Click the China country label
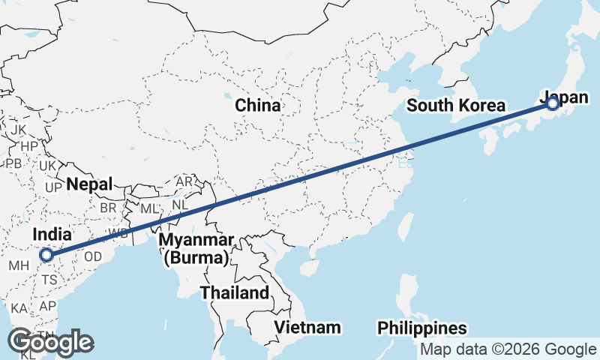258,106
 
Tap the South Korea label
456,106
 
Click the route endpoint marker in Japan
553,103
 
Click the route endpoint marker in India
46,255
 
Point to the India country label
52,235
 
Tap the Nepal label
89,184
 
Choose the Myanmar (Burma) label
196,250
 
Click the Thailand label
235,292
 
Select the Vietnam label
307,328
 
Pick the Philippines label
422,328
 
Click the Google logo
50,342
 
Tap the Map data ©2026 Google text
508,349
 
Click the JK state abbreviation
19,130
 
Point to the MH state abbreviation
19,265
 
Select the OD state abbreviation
93,256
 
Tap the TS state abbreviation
49,279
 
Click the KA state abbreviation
19,308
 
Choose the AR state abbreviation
184,181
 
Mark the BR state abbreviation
109,207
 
